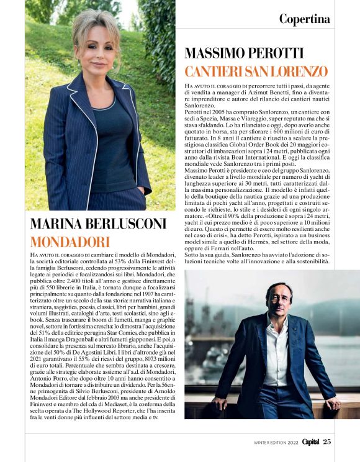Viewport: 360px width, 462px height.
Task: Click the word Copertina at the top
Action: click(304, 19)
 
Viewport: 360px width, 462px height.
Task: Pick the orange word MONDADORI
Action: click(70, 242)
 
